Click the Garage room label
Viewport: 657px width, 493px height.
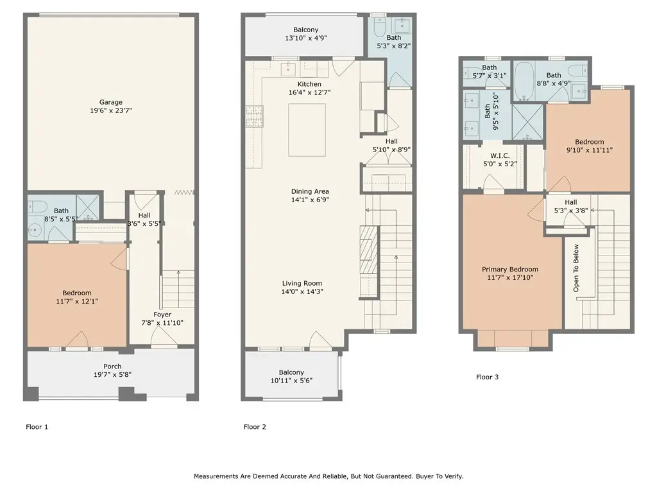(x=110, y=102)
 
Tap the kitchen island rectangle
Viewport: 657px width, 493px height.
(x=307, y=130)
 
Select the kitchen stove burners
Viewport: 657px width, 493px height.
(x=254, y=116)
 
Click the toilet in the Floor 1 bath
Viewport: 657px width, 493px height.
(x=35, y=205)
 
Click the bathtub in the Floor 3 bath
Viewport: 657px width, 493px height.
(x=523, y=82)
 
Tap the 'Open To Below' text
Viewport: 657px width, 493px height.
(x=576, y=268)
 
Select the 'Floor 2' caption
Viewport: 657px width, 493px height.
(x=255, y=427)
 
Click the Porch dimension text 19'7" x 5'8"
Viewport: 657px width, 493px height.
(x=112, y=374)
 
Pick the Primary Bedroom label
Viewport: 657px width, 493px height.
(x=510, y=269)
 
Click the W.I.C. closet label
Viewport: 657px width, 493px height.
(x=500, y=155)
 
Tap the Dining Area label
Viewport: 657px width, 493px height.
(x=310, y=191)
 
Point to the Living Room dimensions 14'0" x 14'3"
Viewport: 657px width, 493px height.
(x=302, y=291)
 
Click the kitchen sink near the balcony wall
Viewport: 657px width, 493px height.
(x=289, y=68)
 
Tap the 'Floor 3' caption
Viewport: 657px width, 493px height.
(x=488, y=377)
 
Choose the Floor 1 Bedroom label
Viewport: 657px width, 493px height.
(x=77, y=293)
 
